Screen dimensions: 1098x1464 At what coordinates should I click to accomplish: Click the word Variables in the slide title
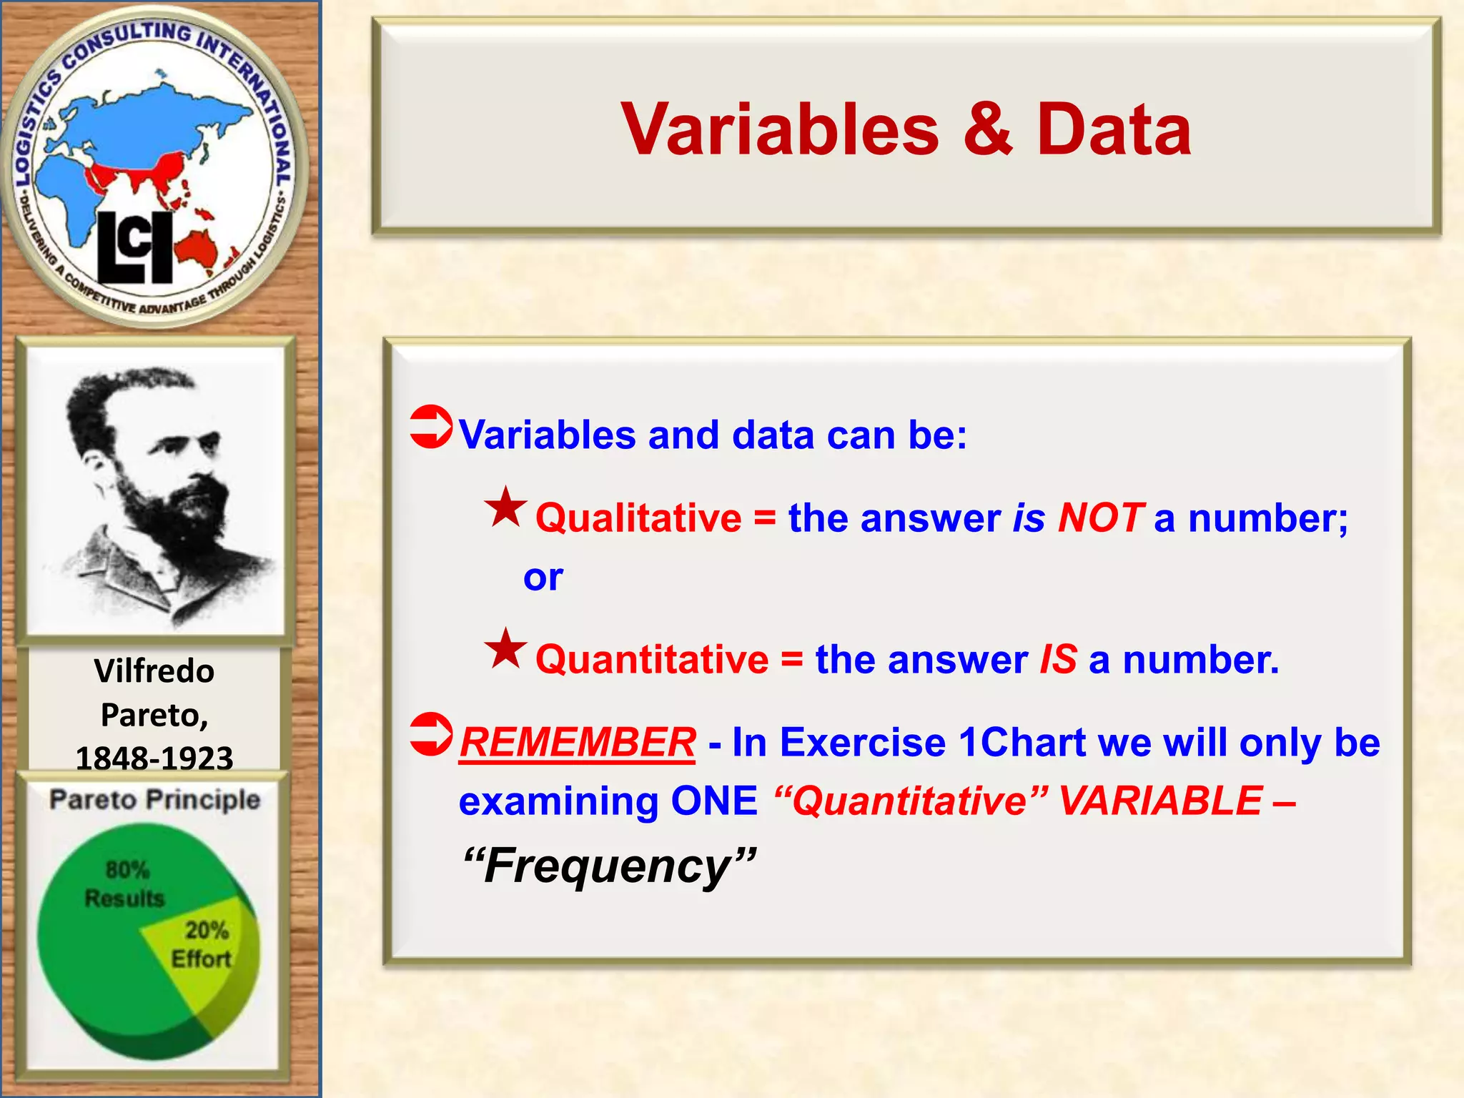tap(779, 129)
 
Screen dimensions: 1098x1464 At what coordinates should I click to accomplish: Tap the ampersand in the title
tap(987, 129)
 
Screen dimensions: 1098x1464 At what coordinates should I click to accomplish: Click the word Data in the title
tap(1113, 129)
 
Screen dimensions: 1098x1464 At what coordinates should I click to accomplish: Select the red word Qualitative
tap(638, 518)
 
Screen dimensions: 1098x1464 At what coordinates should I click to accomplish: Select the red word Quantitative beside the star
tap(652, 659)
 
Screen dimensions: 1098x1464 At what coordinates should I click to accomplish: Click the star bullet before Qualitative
tap(505, 508)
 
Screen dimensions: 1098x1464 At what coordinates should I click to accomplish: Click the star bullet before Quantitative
tap(505, 648)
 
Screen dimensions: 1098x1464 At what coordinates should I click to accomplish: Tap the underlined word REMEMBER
tap(577, 742)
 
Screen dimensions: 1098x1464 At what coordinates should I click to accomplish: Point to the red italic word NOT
tap(1100, 518)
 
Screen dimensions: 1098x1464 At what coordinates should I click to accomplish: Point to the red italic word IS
tap(1058, 659)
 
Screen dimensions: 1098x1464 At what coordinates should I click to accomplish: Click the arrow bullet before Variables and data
tap(431, 427)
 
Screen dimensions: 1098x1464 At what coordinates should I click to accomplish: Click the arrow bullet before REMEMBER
tap(431, 734)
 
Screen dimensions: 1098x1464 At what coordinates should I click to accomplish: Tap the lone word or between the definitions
tap(543, 577)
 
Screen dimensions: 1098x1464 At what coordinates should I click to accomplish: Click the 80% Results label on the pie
tap(125, 884)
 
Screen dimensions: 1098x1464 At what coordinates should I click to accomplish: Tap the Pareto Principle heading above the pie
tap(154, 799)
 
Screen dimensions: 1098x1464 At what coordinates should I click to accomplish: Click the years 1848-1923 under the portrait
tap(154, 758)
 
